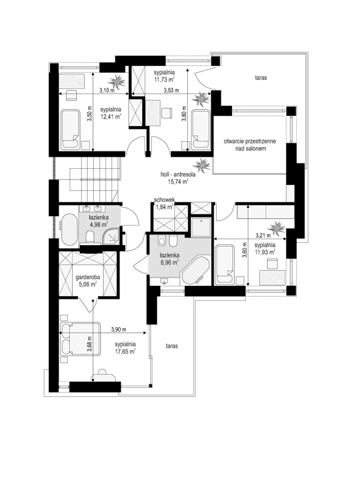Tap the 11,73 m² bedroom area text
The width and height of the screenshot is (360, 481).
click(163, 79)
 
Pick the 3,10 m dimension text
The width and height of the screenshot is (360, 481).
click(106, 91)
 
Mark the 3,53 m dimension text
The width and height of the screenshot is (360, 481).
click(173, 91)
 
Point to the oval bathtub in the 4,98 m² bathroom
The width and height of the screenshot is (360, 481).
click(68, 229)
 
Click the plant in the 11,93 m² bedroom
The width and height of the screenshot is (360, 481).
click(277, 228)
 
